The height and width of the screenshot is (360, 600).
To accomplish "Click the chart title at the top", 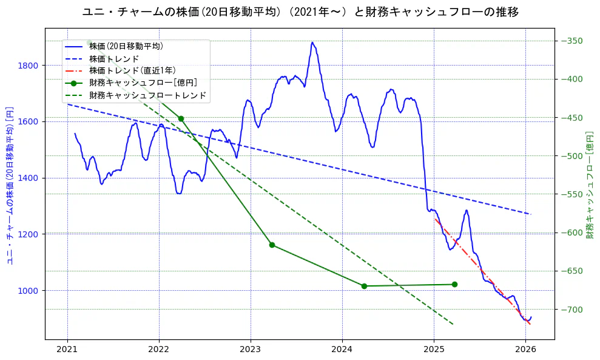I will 300,12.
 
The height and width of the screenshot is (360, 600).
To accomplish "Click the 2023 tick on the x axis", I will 251,350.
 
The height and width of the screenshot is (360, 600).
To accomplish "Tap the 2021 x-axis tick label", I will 67,350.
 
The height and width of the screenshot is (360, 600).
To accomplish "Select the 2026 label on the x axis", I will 525,350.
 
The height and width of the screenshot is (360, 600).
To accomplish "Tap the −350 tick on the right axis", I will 571,41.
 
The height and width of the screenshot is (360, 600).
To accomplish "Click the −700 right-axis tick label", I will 571,310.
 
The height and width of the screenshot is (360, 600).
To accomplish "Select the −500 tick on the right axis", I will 571,156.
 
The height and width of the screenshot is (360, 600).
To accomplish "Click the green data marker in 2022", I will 181,118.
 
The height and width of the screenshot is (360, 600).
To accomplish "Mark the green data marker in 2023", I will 272,245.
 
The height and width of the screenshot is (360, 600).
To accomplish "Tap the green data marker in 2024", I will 364,286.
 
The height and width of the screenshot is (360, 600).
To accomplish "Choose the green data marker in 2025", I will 454,284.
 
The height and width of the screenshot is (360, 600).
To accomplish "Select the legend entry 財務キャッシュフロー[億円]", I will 143,83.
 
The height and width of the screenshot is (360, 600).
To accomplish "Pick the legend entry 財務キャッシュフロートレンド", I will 147,95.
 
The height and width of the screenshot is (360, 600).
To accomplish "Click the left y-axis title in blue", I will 10,185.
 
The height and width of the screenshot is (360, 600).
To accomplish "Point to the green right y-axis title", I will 589,185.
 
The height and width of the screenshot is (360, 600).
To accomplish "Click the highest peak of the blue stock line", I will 312,42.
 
